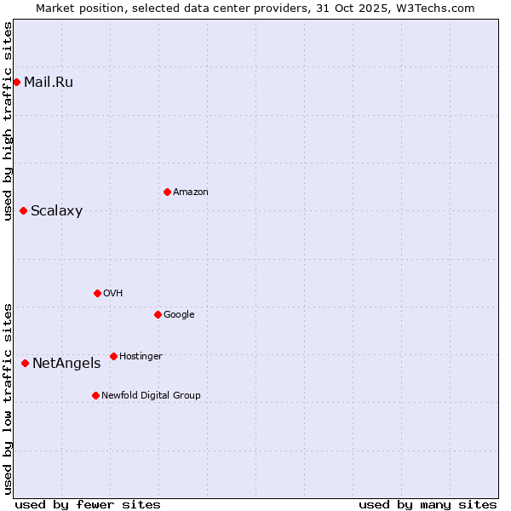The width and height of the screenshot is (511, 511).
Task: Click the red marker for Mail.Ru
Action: [16, 82]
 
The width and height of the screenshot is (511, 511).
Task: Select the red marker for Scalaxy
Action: [23, 211]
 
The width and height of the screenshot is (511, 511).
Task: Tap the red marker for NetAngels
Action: [25, 364]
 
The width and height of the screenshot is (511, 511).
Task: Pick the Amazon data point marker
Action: [167, 192]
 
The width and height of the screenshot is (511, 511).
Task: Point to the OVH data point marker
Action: [97, 293]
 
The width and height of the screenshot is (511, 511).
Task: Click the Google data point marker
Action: [158, 314]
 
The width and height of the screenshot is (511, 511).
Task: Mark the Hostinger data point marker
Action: [113, 356]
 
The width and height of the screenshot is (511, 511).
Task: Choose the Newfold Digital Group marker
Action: [95, 395]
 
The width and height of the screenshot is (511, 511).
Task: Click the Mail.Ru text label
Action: [49, 82]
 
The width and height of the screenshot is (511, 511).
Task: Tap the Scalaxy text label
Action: [56, 211]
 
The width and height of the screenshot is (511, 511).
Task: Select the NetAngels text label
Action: [66, 364]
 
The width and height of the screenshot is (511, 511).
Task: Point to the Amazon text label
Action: [190, 192]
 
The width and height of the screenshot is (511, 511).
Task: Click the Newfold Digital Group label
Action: [151, 395]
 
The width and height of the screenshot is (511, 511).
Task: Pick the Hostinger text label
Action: [141, 356]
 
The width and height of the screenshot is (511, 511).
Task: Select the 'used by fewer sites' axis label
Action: [88, 504]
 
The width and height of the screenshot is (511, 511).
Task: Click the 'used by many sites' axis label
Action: [428, 504]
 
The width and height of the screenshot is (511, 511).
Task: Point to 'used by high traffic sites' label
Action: [8, 121]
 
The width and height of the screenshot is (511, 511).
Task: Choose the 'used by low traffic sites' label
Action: [8, 398]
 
